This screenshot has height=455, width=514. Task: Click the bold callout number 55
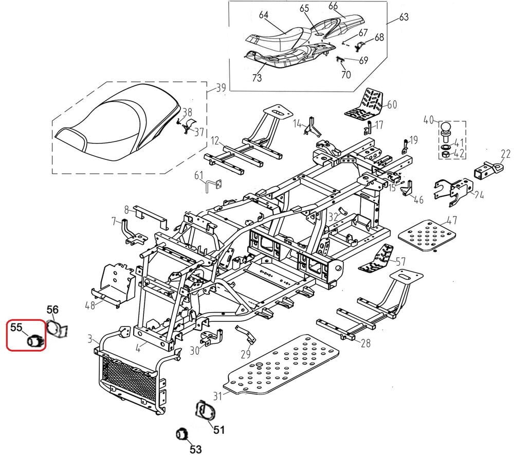[16, 326]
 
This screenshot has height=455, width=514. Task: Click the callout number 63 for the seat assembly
[403, 18]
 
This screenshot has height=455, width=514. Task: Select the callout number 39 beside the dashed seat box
[221, 88]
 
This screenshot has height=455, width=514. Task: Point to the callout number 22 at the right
[505, 153]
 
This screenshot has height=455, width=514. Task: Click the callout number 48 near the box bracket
[90, 305]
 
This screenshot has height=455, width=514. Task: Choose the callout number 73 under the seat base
[256, 78]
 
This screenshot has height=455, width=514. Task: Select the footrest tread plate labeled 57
[380, 259]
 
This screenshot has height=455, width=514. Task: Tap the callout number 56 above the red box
[53, 309]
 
